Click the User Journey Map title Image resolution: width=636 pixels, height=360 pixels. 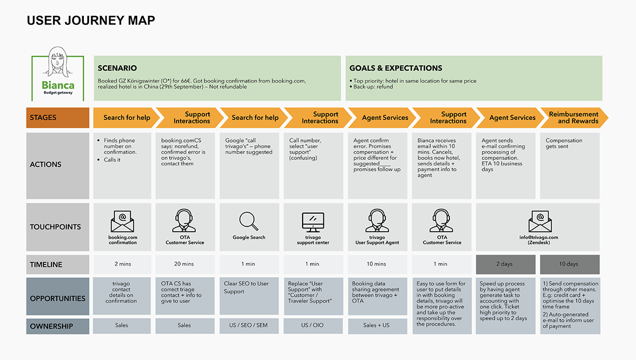coord(91,21)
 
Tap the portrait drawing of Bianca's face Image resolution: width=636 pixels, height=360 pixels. coord(58,62)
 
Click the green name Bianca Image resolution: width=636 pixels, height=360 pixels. coord(58,85)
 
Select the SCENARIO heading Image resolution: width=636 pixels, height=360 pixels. coord(117,68)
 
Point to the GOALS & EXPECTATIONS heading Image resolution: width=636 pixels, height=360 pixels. coord(396,68)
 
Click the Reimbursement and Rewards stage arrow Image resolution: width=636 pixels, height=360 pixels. coord(574,118)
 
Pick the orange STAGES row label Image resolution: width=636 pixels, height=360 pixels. coord(58,118)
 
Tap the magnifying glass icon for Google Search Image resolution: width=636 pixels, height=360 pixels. coord(249,221)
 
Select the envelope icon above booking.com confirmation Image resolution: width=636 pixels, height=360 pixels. coord(122,221)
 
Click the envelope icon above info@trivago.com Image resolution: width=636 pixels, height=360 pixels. coord(540,221)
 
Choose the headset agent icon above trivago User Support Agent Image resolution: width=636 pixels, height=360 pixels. coord(377,221)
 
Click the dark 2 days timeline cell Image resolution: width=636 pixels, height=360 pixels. coord(506,264)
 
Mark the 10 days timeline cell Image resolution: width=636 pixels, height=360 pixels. coord(570,264)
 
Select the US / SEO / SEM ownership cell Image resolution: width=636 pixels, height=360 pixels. coord(249,326)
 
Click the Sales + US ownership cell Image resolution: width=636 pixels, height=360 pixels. coord(377,326)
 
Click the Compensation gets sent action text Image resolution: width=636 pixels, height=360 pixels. coord(564,144)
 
